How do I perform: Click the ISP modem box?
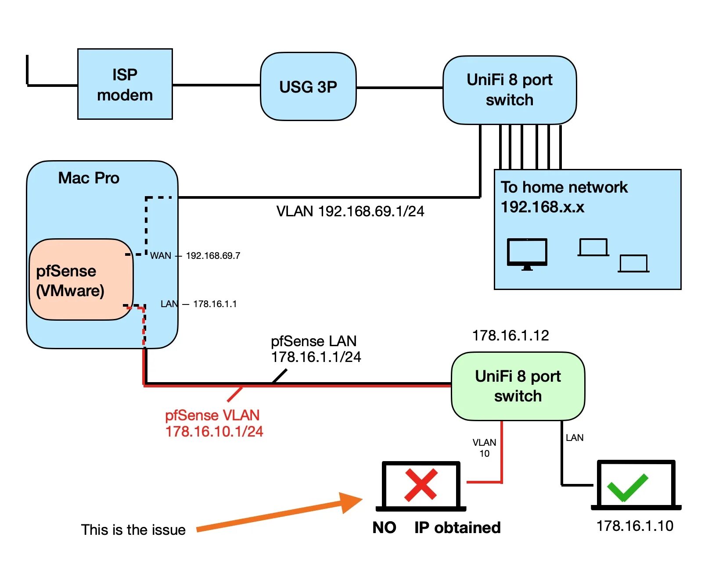[x=125, y=84]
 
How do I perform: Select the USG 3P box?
[x=308, y=87]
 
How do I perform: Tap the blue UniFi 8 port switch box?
[x=509, y=90]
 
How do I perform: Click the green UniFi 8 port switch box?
[x=518, y=386]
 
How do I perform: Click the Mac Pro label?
[x=89, y=178]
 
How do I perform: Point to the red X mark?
[x=421, y=485]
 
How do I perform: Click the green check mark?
[x=627, y=487]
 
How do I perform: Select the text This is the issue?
[x=133, y=530]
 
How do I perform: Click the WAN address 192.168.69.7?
[x=213, y=256]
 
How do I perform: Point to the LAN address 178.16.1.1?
[x=215, y=304]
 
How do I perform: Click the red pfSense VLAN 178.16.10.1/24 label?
[x=214, y=423]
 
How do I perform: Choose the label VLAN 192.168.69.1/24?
[x=350, y=211]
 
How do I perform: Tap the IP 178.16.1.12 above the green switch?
[x=510, y=336]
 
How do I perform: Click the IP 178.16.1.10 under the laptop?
[x=635, y=526]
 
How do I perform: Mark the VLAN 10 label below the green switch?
[x=484, y=448]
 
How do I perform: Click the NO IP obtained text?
[x=436, y=527]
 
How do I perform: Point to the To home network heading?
[x=564, y=187]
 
